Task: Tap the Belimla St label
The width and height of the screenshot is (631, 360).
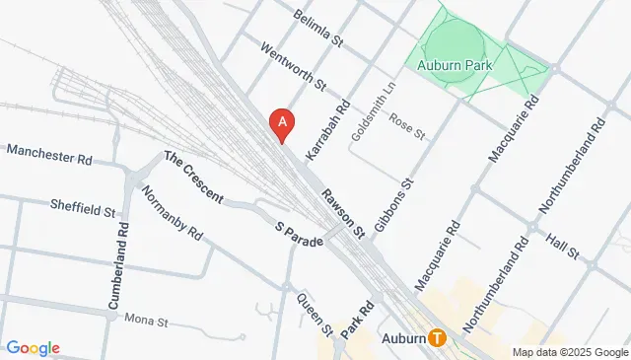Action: (319, 30)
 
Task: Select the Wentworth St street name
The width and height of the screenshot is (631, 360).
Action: (292, 67)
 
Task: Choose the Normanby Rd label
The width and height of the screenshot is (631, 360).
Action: (172, 214)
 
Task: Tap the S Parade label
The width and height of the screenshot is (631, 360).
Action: (299, 234)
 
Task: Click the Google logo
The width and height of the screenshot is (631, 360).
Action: (33, 347)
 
